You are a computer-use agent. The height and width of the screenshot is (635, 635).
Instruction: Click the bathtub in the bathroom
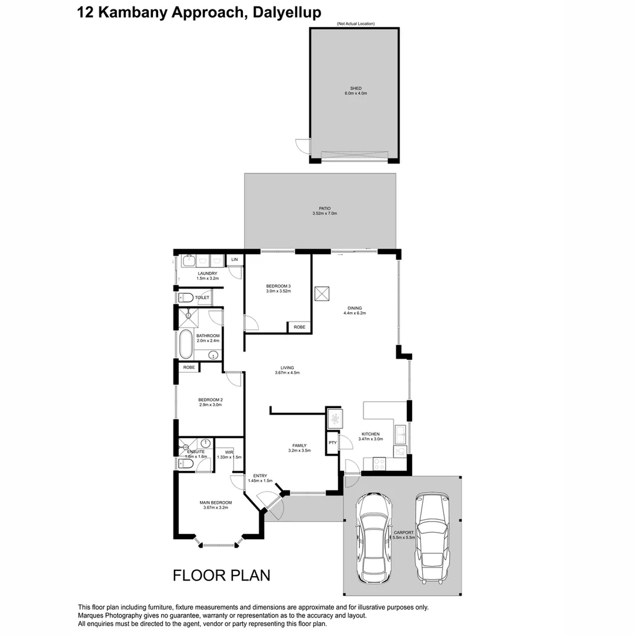click(186, 345)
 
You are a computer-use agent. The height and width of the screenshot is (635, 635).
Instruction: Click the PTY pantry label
click(332, 443)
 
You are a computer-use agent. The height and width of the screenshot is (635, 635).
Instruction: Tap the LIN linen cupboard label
click(234, 259)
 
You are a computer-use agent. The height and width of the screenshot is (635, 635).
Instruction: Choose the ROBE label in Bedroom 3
click(299, 327)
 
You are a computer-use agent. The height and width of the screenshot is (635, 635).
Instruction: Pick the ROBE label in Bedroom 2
click(189, 367)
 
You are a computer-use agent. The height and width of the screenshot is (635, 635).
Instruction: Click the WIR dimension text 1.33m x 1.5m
click(229, 457)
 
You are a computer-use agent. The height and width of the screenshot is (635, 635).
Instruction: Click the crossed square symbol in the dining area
click(322, 293)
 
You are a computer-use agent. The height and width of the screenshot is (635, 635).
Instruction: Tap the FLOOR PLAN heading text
click(222, 574)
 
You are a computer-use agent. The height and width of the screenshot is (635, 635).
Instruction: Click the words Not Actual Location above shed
click(356, 24)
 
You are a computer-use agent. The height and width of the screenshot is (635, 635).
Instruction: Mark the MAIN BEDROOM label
click(216, 502)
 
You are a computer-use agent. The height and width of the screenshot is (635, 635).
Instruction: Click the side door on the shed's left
click(303, 146)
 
